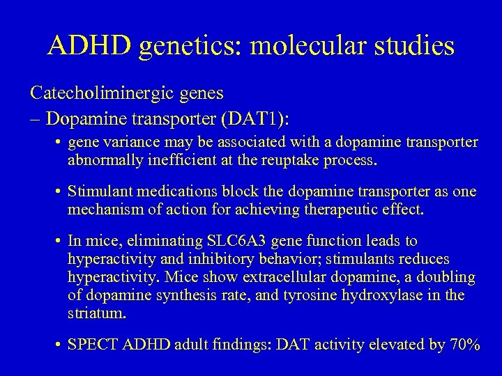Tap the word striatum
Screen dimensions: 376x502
[x=98, y=313]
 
